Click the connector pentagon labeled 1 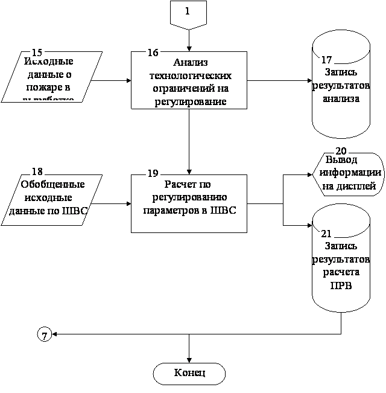tap(188, 13)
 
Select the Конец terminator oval tap(189, 373)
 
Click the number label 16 tap(153, 53)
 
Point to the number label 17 tap(326, 60)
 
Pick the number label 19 tap(153, 173)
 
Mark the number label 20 tap(341, 151)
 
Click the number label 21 tap(326, 234)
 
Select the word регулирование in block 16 tap(189, 101)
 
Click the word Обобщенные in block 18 tap(52, 185)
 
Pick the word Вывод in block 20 tap(341, 161)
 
